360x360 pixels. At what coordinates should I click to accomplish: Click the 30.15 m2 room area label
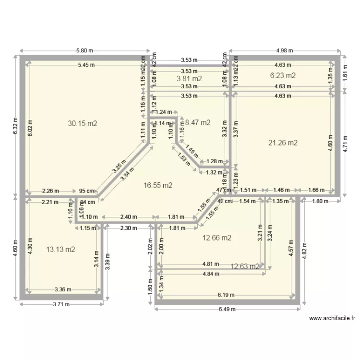pyautogui.click(x=83, y=123)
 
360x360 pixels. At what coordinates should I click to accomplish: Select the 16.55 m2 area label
pyautogui.click(x=158, y=185)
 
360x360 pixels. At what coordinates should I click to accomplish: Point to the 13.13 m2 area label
pyautogui.click(x=60, y=249)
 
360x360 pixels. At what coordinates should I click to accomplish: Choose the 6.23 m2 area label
pyautogui.click(x=283, y=75)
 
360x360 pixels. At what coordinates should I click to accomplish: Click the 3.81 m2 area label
pyautogui.click(x=189, y=78)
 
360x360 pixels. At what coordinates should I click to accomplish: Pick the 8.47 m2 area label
pyautogui.click(x=198, y=122)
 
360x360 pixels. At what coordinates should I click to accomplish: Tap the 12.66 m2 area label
pyautogui.click(x=217, y=238)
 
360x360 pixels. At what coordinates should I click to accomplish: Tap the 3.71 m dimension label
pyautogui.click(x=61, y=304)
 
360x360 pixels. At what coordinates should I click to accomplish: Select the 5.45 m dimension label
pyautogui.click(x=86, y=65)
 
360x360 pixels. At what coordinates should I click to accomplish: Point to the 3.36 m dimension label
pyautogui.click(x=63, y=289)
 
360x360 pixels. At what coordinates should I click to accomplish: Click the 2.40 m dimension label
pyautogui.click(x=126, y=216)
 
